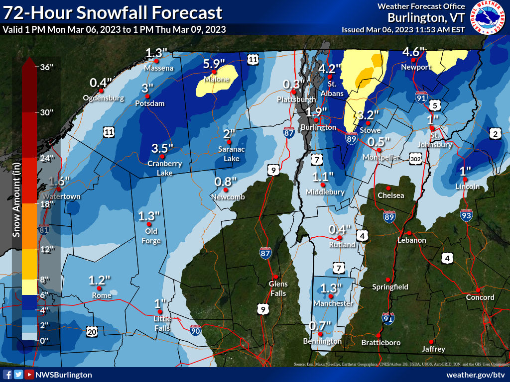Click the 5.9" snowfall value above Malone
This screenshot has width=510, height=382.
click(214, 64)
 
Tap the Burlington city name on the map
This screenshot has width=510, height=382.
click(318, 127)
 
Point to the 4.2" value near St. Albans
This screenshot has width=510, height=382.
click(330, 69)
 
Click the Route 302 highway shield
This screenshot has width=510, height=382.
click(416, 158)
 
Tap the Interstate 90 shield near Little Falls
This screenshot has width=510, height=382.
click(196, 329)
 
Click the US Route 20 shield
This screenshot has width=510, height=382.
click(92, 332)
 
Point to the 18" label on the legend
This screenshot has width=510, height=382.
click(46, 203)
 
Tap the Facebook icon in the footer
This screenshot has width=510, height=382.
click(7, 375)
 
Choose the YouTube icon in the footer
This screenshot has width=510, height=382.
click(29, 375)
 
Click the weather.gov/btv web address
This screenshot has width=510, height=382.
click(476, 375)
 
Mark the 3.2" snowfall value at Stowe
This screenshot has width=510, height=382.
click(369, 114)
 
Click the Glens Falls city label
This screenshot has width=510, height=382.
click(278, 288)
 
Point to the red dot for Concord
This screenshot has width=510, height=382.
click(478, 289)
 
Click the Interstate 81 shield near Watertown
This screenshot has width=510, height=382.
click(44, 230)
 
